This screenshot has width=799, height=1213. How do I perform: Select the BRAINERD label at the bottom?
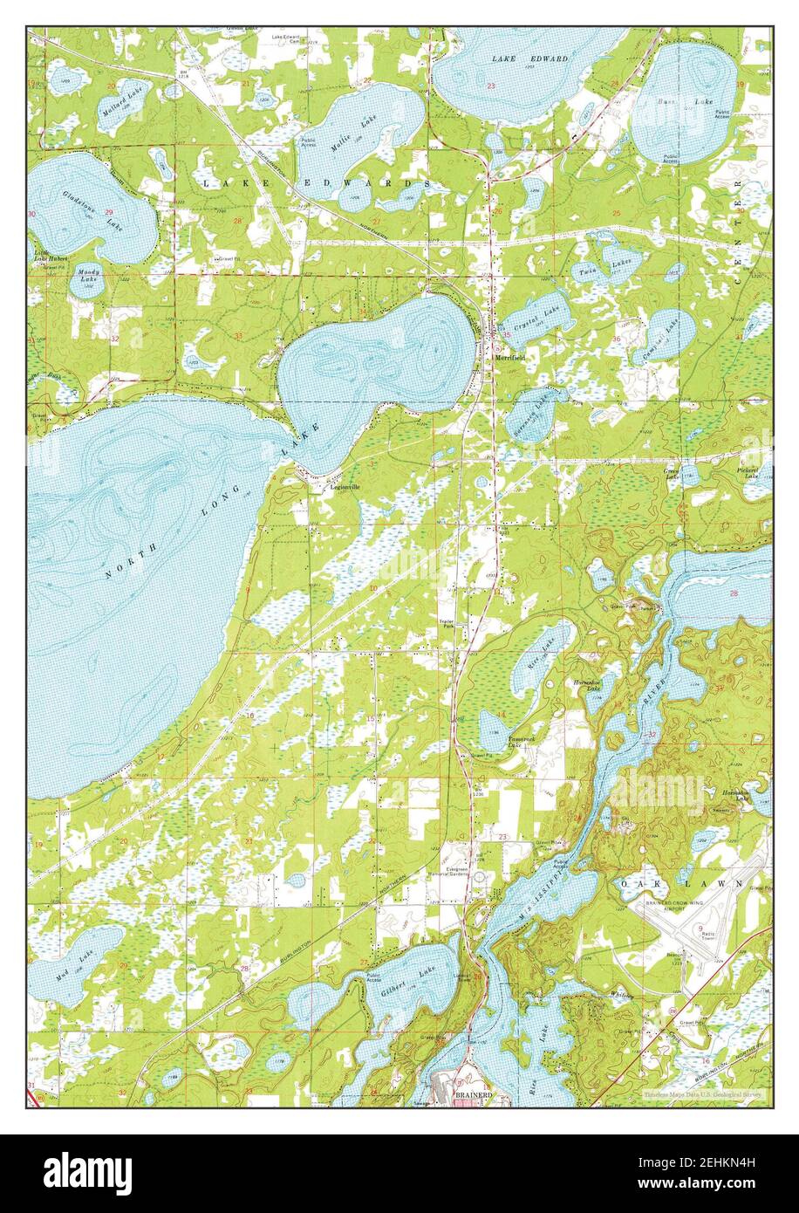[x=474, y=1094]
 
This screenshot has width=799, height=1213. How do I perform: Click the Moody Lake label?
[x=90, y=276]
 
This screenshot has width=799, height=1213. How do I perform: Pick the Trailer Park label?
[x=447, y=623]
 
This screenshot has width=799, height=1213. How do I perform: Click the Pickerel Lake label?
[x=749, y=473]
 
